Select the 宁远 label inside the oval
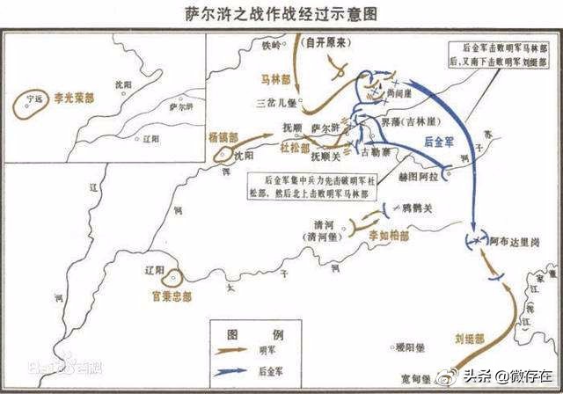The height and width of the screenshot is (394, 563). tap(35, 100)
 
